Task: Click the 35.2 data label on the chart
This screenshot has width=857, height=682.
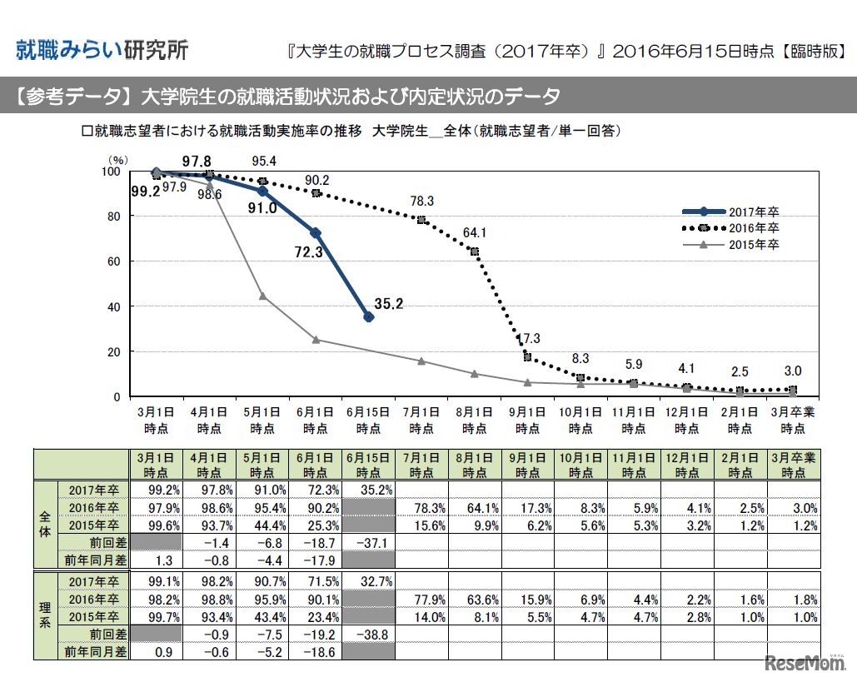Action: click(389, 305)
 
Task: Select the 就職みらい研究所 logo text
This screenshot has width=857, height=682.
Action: click(102, 49)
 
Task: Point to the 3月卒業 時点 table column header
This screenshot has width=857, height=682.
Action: click(793, 464)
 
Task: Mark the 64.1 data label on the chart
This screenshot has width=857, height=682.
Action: click(476, 232)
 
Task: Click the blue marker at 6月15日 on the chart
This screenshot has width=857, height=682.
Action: click(369, 317)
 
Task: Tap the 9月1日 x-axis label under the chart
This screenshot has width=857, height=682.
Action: click(528, 420)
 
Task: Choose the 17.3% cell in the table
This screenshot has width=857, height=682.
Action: click(527, 508)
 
